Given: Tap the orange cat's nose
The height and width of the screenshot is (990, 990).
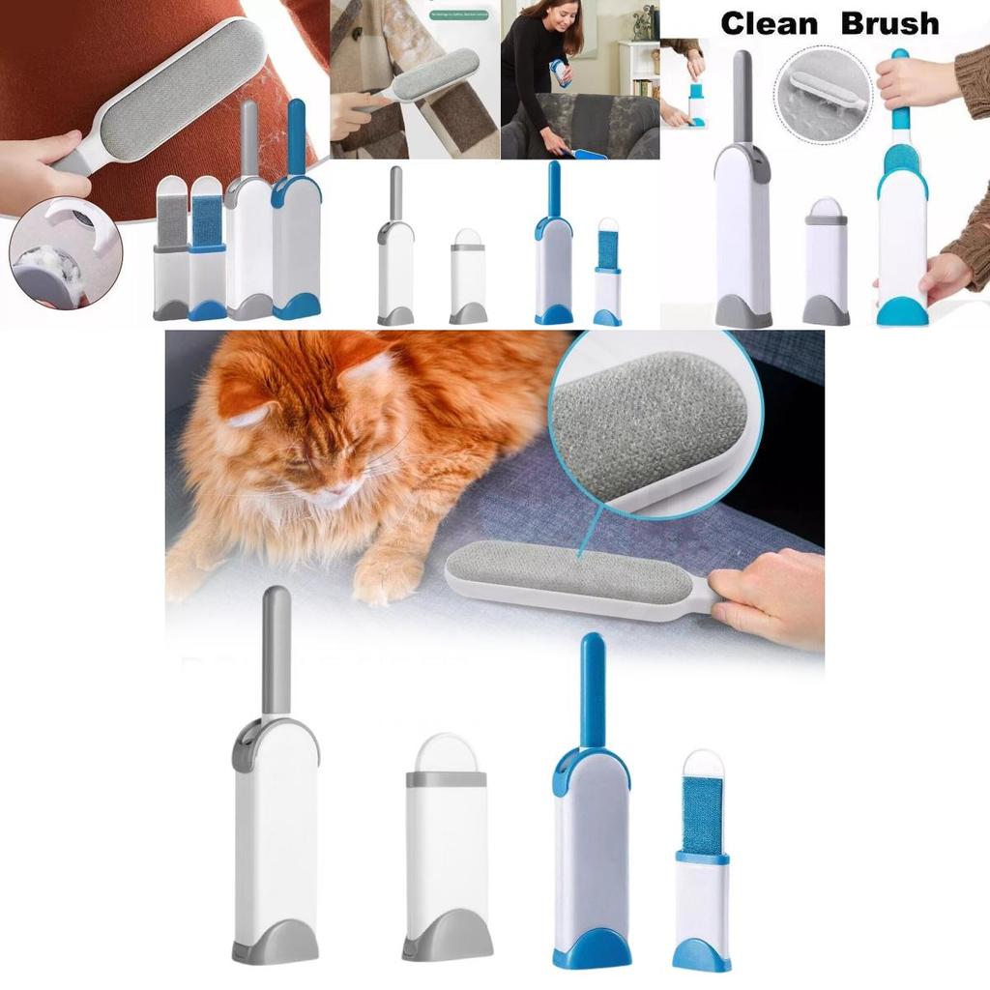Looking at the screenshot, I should [334, 494].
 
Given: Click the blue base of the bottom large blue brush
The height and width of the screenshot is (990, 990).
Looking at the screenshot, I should [592, 951].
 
